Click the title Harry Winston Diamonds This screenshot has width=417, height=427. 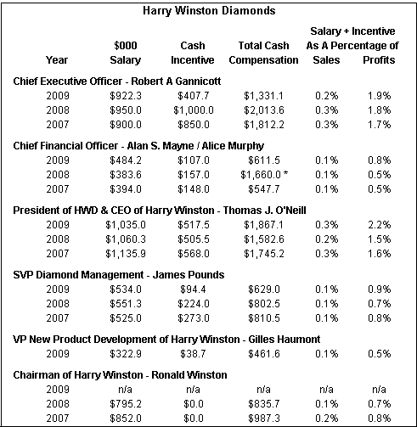point(209,11)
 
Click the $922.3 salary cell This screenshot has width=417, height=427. point(126,96)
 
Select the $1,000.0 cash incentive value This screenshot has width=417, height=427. point(194,110)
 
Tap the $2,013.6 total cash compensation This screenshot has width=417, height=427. point(264,110)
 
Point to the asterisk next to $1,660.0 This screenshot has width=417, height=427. point(285,172)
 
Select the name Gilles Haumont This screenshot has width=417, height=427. point(285,339)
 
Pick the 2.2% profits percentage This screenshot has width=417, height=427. point(379,225)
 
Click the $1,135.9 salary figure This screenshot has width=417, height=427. point(126,254)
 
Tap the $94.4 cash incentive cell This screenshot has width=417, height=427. point(193,289)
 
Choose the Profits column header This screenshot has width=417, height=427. point(379,60)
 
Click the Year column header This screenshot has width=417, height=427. point(57,60)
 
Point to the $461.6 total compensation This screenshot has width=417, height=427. point(264,354)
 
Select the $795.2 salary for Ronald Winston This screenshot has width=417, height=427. point(126,404)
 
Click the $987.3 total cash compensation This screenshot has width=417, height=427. point(264,419)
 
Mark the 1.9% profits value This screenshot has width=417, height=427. point(379,96)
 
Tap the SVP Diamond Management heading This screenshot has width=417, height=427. point(78,275)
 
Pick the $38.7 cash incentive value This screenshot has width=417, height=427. point(193,354)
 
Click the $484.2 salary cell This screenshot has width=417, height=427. point(126,160)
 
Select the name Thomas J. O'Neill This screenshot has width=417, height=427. point(264,211)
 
